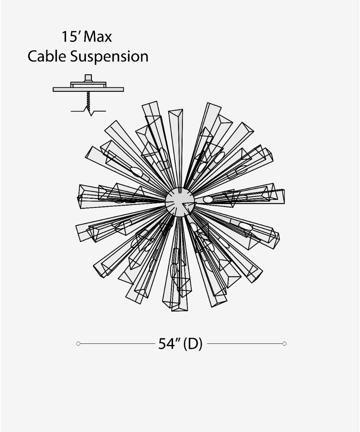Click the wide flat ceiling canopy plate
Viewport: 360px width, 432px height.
[x=88, y=89]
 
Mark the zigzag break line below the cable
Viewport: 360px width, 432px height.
[x=89, y=112]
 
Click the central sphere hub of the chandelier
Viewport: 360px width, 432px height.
[x=180, y=202]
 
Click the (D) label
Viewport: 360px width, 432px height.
[x=193, y=344]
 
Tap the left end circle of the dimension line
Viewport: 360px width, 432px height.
[x=78, y=344]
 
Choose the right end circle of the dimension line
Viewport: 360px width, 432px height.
[x=284, y=344]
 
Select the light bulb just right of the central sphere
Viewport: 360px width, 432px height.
[x=208, y=199]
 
